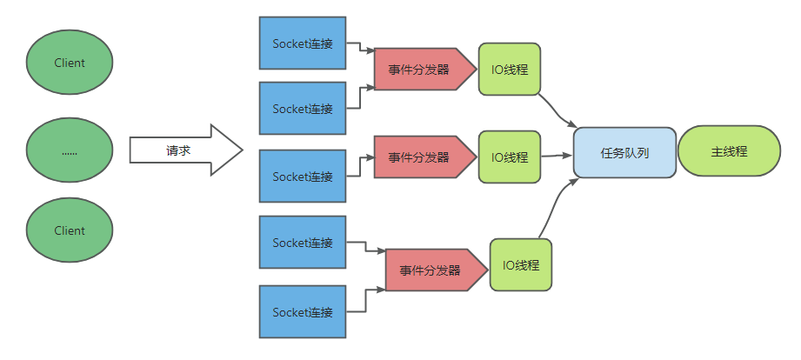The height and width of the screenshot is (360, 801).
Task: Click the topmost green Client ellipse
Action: coord(70,63)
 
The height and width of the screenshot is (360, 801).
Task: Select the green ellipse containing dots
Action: coord(70,150)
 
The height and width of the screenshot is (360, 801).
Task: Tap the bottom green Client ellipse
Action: coord(70,230)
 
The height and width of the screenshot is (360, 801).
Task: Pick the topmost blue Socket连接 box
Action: coord(303,43)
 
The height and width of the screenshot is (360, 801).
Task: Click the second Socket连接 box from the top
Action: coord(303,109)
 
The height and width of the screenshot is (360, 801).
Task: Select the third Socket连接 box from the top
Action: coord(303,177)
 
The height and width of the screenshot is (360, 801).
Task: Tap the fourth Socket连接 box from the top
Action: coord(303,243)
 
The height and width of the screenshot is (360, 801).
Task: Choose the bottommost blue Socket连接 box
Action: coord(303,311)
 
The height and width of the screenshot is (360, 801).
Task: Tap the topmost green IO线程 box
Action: coord(510,70)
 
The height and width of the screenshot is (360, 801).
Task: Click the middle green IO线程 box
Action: coord(510,157)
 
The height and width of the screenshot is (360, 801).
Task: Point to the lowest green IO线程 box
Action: coord(521,264)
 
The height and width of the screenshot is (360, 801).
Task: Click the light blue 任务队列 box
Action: coord(624,152)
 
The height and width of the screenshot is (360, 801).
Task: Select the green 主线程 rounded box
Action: coord(729,151)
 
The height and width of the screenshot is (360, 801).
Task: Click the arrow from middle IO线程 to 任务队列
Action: coord(557,156)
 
